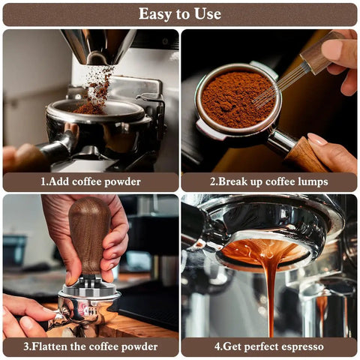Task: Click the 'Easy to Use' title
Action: pyautogui.click(x=180, y=13)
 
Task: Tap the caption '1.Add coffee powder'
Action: pyautogui.click(x=90, y=181)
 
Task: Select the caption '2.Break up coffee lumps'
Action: pyautogui.click(x=268, y=181)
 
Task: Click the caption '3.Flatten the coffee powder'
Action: pyautogui.click(x=90, y=346)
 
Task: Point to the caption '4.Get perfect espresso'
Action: pyautogui.click(x=268, y=346)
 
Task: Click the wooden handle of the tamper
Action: pyautogui.click(x=89, y=236)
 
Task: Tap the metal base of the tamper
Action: pyautogui.click(x=88, y=289)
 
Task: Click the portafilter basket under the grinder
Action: pyautogui.click(x=97, y=120)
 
